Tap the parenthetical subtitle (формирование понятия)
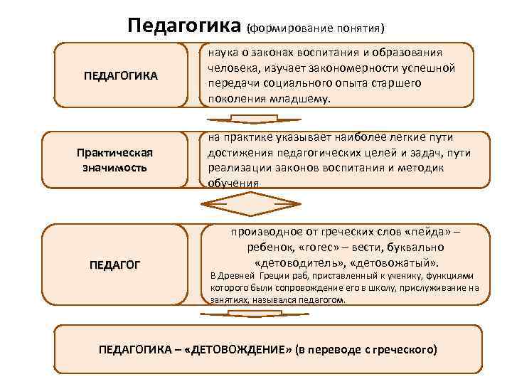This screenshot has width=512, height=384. [316, 29]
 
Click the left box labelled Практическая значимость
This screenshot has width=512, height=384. [115, 161]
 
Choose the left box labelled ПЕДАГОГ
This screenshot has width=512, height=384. [115, 265]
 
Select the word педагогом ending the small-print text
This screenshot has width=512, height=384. [321, 300]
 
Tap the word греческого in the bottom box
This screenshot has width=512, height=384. [405, 351]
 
